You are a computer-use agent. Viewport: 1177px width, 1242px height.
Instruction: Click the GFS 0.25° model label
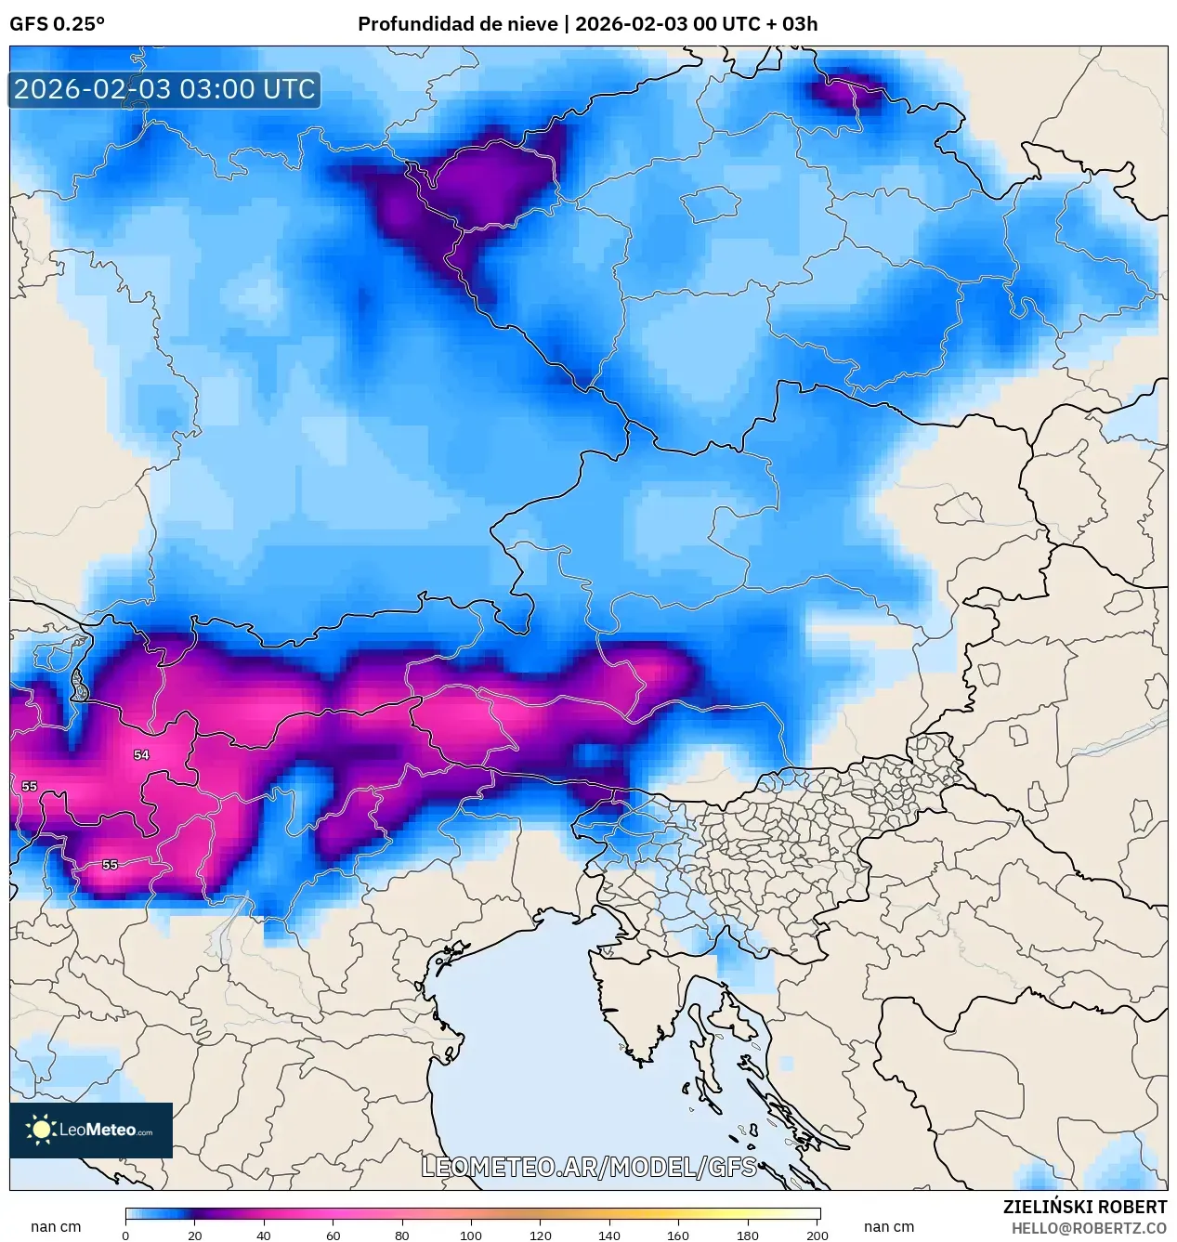point(57,24)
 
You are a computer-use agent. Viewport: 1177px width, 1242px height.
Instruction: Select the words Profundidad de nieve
point(457,24)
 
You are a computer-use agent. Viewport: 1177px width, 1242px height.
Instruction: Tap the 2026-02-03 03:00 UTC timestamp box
point(164,89)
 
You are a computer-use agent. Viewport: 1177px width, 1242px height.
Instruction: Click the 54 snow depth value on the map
point(141,755)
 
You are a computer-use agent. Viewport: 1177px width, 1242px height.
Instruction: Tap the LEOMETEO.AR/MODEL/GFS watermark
point(589,1167)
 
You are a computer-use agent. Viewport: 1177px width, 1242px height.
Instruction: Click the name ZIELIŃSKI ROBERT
point(1084,1207)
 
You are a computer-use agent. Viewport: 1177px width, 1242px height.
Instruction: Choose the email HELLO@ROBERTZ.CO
point(1089,1228)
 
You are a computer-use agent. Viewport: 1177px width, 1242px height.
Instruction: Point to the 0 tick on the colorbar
point(125,1235)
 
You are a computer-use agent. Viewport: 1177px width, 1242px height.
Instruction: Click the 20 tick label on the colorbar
point(194,1235)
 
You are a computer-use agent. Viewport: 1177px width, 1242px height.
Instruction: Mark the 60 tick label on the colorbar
point(333,1235)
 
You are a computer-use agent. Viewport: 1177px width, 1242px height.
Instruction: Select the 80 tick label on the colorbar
point(401,1235)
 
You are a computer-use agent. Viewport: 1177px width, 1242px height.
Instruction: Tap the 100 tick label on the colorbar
point(471,1235)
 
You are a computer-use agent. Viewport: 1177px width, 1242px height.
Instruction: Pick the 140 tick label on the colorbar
point(609,1235)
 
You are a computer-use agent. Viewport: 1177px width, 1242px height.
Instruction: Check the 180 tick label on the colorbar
point(748,1235)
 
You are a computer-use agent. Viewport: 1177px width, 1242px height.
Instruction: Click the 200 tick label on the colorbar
point(817,1235)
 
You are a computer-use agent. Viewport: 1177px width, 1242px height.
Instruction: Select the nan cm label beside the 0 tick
point(56,1226)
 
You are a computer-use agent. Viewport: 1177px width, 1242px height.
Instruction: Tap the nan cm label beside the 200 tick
point(889,1226)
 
